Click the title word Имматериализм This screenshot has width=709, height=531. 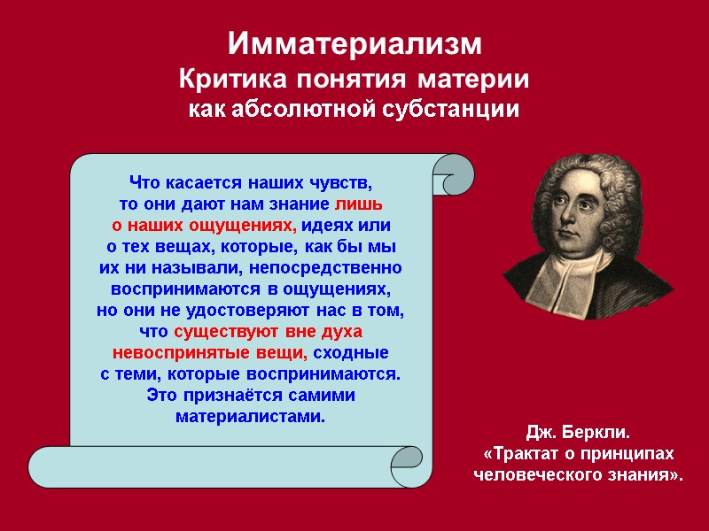(x=354, y=43)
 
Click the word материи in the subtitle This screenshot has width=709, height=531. (x=479, y=80)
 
